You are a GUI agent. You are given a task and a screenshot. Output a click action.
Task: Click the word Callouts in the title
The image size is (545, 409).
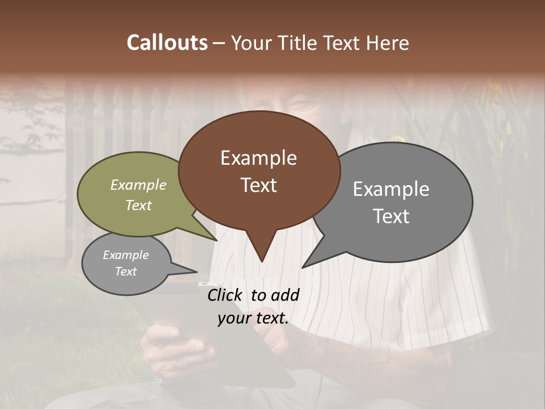pyautogui.click(x=167, y=43)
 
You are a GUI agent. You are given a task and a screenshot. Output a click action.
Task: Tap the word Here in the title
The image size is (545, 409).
pyautogui.click(x=387, y=43)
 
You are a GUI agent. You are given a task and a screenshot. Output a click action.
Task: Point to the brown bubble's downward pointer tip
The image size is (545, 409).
pyautogui.click(x=262, y=261)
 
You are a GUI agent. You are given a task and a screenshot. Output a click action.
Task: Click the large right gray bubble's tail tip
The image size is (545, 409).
pyautogui.click(x=303, y=267)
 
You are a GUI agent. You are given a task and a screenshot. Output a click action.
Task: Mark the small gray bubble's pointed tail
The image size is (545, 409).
pyautogui.click(x=196, y=272)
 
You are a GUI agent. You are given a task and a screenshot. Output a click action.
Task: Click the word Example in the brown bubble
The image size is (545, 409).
pyautogui.click(x=258, y=158)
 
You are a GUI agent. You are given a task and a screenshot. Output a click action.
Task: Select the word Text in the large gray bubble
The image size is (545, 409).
pyautogui.click(x=391, y=216)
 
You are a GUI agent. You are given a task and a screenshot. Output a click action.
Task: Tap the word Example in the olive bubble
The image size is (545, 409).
pyautogui.click(x=139, y=185)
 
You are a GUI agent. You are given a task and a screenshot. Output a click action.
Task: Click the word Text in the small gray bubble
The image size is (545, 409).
pyautogui.click(x=126, y=272)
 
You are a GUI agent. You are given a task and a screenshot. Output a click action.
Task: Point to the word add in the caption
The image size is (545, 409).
pyautogui.click(x=285, y=294)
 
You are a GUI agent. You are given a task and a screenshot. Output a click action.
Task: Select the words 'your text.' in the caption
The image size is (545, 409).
pyautogui.click(x=253, y=319)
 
